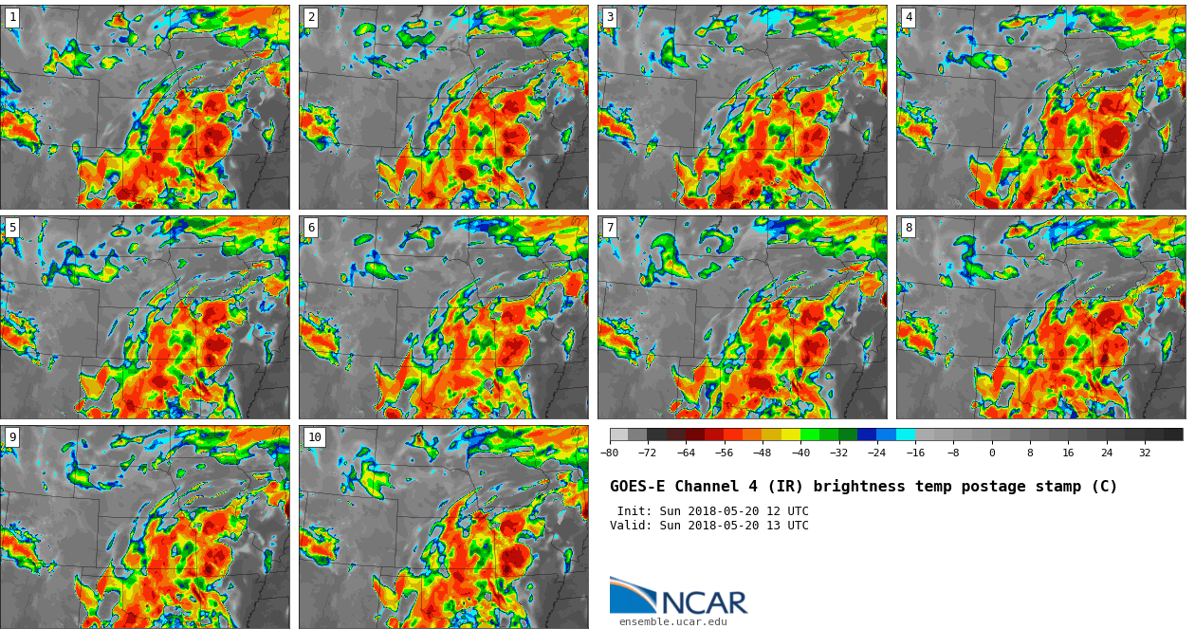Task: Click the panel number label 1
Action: point(12,17)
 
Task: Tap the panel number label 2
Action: point(311,17)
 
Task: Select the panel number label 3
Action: point(610,17)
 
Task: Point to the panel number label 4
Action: point(909,17)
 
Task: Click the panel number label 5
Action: point(12,228)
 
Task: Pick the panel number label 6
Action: point(311,228)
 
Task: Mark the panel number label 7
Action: point(610,228)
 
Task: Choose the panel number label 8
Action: point(909,228)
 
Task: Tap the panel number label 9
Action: point(12,437)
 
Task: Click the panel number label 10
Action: point(315,437)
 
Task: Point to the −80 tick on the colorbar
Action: point(610,453)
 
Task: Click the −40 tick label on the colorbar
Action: point(800,453)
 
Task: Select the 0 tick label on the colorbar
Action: point(992,453)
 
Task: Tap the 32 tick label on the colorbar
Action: point(1145,453)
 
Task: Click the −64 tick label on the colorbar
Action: point(686,453)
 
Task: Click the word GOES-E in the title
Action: point(637,487)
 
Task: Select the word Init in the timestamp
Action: point(634,511)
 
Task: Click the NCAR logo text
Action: point(704,602)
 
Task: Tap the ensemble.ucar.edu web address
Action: point(673,622)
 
